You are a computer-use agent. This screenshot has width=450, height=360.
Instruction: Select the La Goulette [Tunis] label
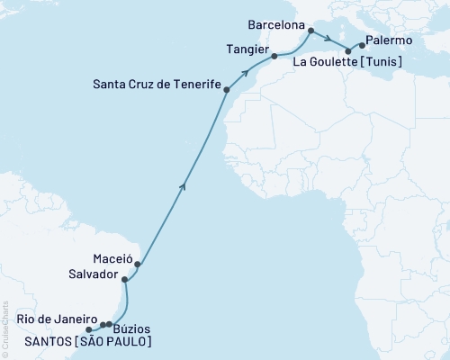point(347,62)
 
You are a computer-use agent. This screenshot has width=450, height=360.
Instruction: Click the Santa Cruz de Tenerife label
point(157,86)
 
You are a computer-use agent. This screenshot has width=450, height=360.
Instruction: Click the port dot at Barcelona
point(310,31)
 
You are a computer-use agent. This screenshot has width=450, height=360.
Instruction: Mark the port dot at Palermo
point(362,44)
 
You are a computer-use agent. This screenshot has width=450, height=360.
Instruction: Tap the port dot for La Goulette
point(348,51)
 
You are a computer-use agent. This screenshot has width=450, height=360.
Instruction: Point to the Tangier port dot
point(274,57)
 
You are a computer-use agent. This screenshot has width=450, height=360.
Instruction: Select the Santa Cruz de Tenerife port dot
point(227,90)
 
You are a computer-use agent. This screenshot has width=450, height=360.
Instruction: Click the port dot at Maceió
point(137,265)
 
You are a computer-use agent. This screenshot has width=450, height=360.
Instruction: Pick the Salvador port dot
point(125,281)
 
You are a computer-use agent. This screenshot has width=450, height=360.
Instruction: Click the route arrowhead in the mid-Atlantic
point(184,186)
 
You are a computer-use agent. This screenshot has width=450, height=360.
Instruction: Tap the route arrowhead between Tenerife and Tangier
point(245,70)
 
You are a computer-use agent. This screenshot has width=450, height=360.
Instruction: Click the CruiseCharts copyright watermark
point(4,328)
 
